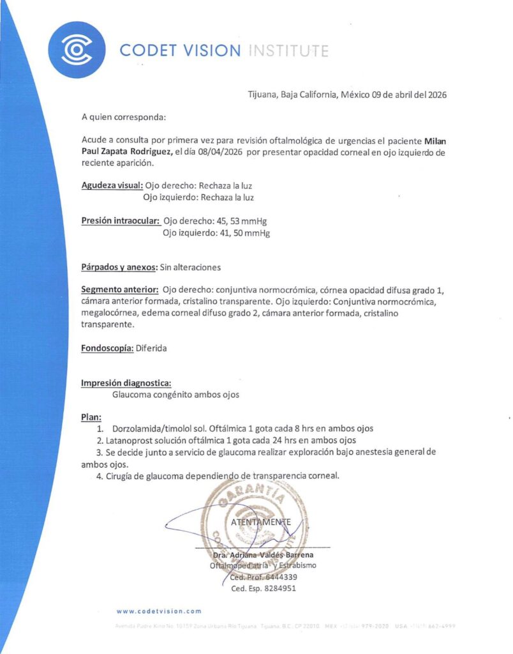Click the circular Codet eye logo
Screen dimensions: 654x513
click(77, 49)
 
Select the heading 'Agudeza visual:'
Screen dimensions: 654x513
click(112, 186)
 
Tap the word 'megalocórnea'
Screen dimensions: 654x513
click(109, 312)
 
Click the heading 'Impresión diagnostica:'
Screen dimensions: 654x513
click(126, 383)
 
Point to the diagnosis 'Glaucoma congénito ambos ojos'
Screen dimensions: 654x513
click(175, 395)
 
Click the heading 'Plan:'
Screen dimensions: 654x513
click(91, 417)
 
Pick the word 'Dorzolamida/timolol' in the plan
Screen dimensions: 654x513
click(153, 429)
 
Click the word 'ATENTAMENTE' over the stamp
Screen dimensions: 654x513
click(262, 522)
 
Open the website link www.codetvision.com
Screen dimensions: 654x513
click(159, 611)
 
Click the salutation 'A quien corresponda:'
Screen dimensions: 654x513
click(123, 118)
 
